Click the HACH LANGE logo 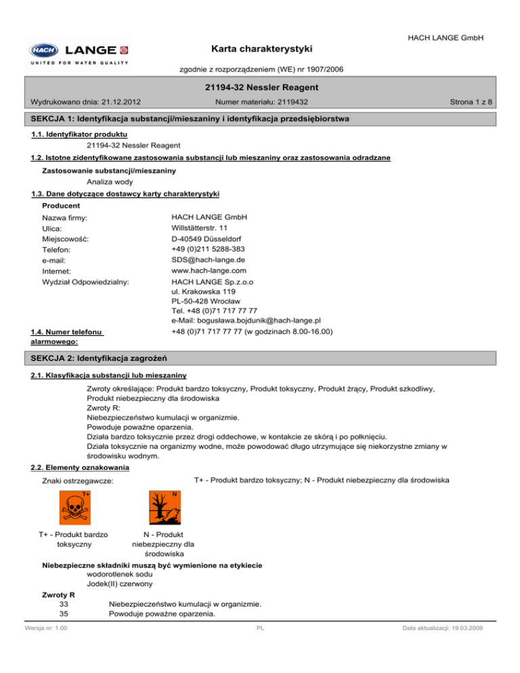(79, 53)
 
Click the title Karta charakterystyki (259, 49)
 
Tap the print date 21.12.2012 (117, 102)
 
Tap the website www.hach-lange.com (208, 271)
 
